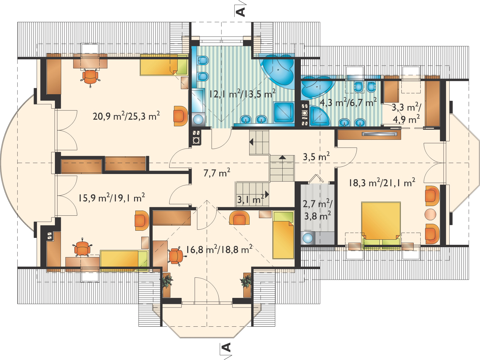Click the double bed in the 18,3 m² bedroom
tap(381, 223)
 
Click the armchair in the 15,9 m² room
tap(141, 220)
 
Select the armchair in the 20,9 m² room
tap(180, 114)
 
